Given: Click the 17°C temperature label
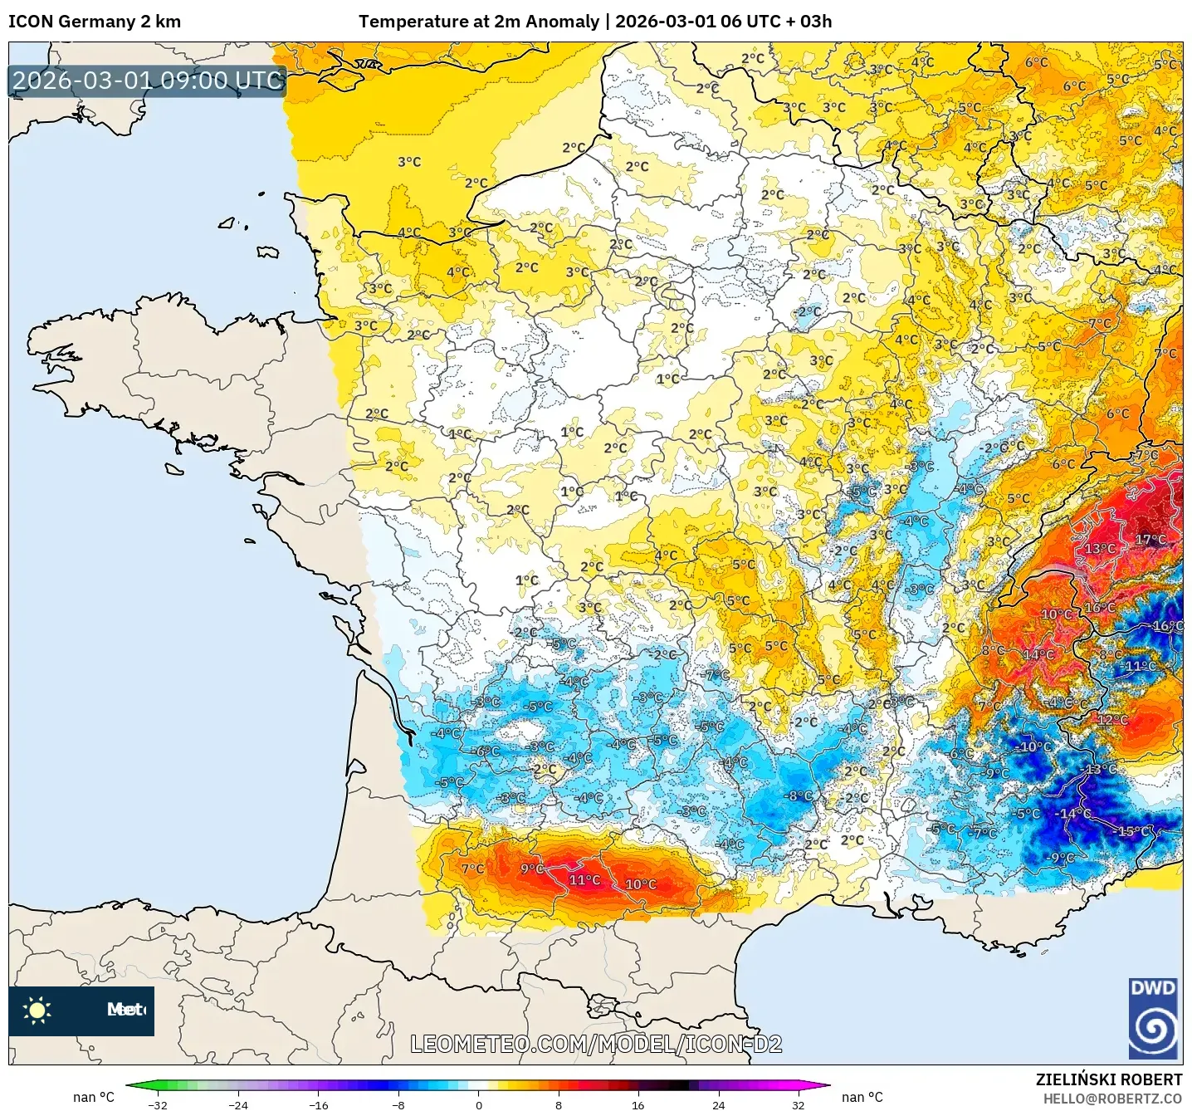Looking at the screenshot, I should (x=1150, y=540).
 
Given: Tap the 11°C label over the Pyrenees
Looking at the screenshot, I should (x=584, y=880).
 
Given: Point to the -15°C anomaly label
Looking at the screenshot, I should (x=1135, y=831).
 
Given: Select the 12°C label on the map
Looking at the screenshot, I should (x=1112, y=720).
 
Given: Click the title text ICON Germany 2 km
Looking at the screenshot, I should (x=95, y=22).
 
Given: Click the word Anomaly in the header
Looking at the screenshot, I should (x=567, y=22).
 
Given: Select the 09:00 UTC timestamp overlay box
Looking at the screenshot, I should (x=148, y=81).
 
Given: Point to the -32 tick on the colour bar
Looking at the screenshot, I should (x=158, y=1105).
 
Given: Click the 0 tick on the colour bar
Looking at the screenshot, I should (x=478, y=1105).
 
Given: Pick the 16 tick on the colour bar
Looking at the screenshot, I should (x=638, y=1105).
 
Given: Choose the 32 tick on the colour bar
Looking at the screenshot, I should (x=798, y=1105).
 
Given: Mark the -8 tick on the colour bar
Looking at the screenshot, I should (x=398, y=1105).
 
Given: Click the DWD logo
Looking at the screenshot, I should (x=1154, y=1018).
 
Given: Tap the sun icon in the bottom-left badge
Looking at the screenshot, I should (x=37, y=1011).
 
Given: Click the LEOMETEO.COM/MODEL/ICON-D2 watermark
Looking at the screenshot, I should (x=596, y=1044).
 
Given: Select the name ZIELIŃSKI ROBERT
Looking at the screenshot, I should (x=1109, y=1079).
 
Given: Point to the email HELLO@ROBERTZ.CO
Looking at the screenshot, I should (x=1112, y=1099).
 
